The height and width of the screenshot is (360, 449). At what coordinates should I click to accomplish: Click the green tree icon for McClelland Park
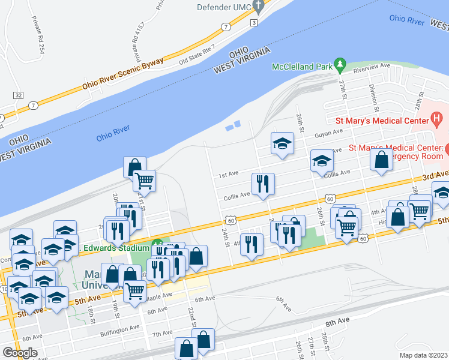coord(340,64)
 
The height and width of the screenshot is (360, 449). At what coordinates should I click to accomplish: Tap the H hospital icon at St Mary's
coord(436,120)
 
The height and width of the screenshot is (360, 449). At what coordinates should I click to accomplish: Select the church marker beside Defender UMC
coord(259,7)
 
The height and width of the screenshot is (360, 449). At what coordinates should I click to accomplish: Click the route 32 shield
coord(18,95)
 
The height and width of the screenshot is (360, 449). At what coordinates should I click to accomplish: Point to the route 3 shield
coord(254,23)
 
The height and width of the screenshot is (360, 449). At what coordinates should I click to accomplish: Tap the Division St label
coord(374,98)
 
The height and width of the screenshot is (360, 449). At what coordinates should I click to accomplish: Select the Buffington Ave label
coord(120,330)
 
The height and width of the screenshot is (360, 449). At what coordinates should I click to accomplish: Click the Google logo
coord(20,353)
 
